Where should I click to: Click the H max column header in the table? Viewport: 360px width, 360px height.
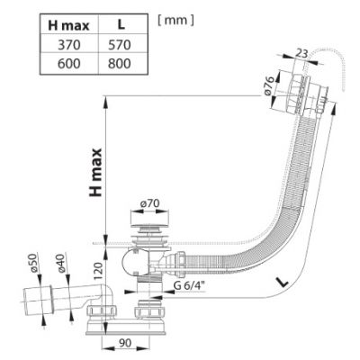pos(68,25)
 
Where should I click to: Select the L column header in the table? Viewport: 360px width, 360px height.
pos(121,25)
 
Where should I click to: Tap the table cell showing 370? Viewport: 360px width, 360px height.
pos(69,45)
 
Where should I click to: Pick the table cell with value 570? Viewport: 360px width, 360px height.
pos(120,45)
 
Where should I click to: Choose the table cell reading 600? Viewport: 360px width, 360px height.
pos(69,64)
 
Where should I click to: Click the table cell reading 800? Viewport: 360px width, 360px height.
pos(120,64)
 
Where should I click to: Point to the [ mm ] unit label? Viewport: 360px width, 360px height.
pos(175,21)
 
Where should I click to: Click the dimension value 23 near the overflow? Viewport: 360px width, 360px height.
pos(301,53)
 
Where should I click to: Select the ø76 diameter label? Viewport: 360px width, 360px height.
pos(269,86)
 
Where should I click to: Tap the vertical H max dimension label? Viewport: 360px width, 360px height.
pos(95,172)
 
